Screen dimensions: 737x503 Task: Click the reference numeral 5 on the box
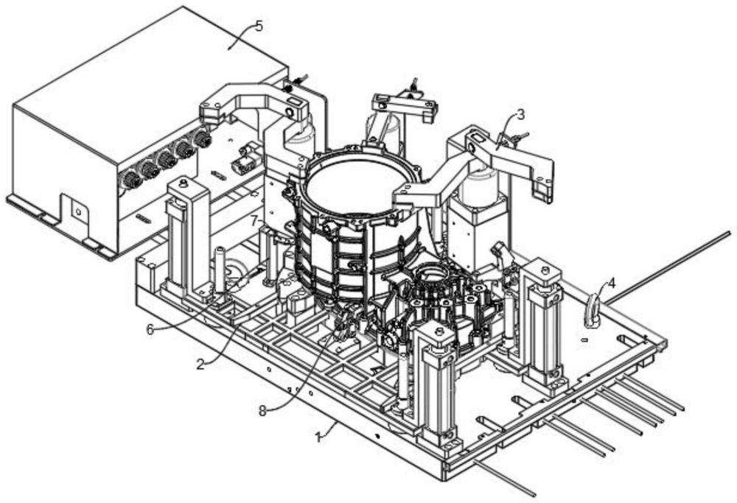259,26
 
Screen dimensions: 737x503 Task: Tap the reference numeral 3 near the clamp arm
520,114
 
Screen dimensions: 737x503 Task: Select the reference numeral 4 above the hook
611,284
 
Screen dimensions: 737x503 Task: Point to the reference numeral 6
150,330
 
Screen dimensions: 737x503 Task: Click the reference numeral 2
200,364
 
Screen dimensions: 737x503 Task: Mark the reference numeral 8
263,411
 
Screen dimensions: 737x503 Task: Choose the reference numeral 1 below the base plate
318,437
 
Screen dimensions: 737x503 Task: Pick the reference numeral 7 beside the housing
254,219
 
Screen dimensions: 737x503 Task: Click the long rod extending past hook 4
668,268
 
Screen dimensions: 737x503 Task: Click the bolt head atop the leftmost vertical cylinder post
184,182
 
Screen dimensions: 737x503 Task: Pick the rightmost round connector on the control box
203,139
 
